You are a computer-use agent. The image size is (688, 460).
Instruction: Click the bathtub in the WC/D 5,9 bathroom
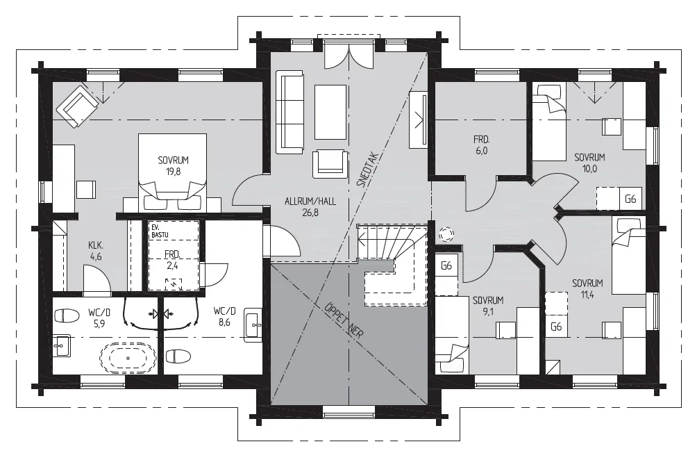128,358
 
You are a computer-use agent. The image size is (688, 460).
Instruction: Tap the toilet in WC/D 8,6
178,356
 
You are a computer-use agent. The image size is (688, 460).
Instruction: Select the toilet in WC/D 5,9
67,315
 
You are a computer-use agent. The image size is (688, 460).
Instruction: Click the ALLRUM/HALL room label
310,207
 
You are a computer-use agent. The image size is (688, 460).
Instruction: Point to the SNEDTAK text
368,170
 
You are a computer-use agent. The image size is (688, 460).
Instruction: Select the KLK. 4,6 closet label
96,251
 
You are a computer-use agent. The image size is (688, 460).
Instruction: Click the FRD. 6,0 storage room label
481,145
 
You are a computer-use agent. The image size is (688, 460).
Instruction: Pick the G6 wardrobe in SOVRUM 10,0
630,199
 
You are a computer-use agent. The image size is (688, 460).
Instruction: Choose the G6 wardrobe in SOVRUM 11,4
556,327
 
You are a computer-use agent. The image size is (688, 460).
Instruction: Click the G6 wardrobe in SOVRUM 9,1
446,265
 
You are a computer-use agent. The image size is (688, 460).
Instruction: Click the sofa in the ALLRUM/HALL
290,112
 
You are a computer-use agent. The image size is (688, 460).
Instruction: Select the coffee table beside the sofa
330,112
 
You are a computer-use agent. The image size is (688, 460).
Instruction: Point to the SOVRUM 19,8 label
174,165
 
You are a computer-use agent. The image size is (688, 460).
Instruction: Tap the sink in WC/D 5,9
61,346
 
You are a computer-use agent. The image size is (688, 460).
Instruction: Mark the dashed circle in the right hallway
446,233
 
